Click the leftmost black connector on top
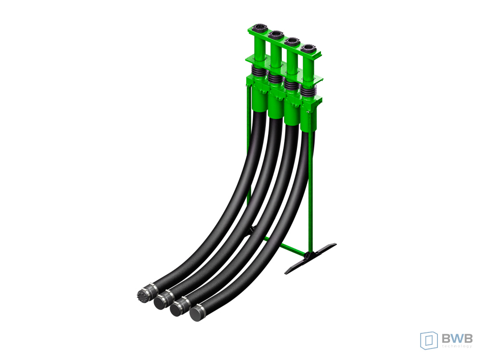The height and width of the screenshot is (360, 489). click(259, 28)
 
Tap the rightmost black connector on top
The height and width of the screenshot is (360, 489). click(308, 48)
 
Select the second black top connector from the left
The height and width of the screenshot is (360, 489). click(276, 34)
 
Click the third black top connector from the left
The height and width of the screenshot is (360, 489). click(292, 41)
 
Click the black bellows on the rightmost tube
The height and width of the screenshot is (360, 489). click(309, 91)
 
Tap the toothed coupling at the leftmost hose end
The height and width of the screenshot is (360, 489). click(143, 294)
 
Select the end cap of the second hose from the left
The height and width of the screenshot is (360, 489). click(160, 302)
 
